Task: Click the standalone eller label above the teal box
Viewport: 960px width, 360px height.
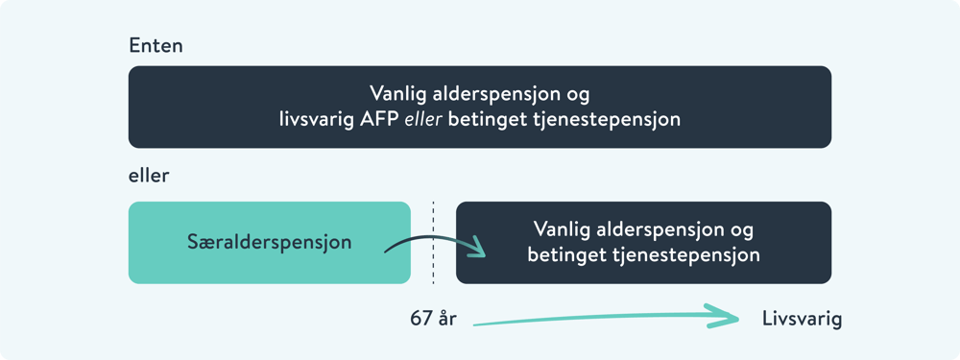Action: pos(148,177)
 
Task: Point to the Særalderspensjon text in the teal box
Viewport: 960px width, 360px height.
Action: pos(270,243)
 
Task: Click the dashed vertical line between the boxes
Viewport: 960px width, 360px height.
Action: pos(433,242)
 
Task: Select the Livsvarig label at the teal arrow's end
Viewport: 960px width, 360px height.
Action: pos(802,320)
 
